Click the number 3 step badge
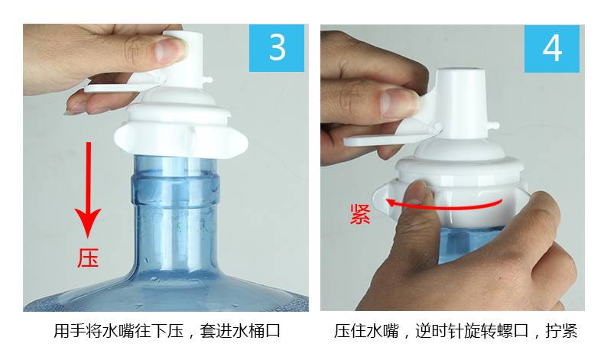(277, 48)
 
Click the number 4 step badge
(551, 48)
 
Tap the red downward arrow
(88, 190)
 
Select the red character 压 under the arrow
(88, 258)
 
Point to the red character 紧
(361, 215)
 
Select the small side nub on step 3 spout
(209, 79)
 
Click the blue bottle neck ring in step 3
(174, 190)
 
